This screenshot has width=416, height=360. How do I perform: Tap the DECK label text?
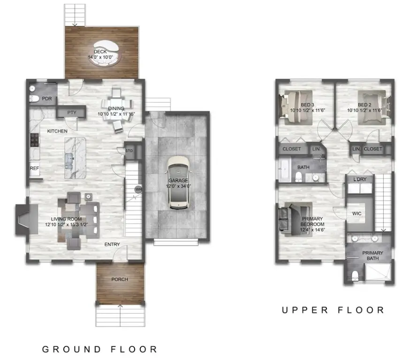pyautogui.click(x=100, y=52)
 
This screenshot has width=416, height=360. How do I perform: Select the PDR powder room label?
pyautogui.click(x=46, y=99)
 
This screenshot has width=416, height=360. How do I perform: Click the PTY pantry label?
pyautogui.click(x=71, y=112)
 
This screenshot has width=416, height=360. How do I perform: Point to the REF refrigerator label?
pyautogui.click(x=34, y=168)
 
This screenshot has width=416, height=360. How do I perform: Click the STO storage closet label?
pyautogui.click(x=129, y=151)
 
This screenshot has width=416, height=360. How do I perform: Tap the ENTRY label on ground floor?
pyautogui.click(x=112, y=244)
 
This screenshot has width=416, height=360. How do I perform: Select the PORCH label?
pyautogui.click(x=120, y=279)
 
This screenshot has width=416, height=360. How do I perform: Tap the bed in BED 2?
pyautogui.click(x=373, y=105)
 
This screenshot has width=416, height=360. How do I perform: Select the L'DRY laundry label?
pyautogui.click(x=359, y=179)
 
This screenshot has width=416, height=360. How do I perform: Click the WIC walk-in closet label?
pyautogui.click(x=357, y=213)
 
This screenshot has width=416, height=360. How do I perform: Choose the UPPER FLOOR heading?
pyautogui.click(x=333, y=310)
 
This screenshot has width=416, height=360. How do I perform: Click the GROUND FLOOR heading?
pyautogui.click(x=100, y=349)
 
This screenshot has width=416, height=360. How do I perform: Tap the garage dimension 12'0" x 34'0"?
pyautogui.click(x=178, y=186)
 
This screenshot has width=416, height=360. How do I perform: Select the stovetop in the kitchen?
pyautogui.click(x=34, y=140)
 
